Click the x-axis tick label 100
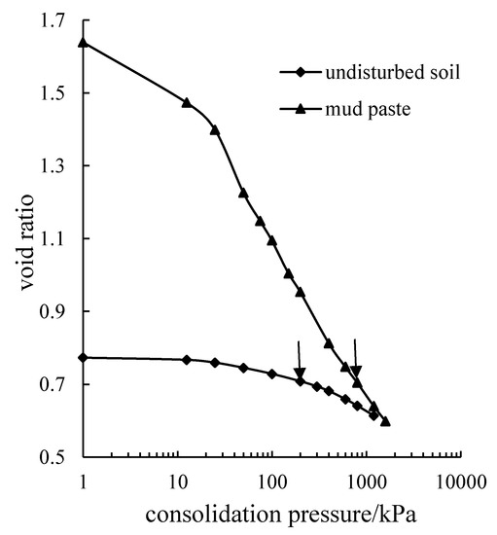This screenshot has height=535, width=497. tap(271, 480)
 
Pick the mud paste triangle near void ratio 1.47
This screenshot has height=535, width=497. tap(187, 102)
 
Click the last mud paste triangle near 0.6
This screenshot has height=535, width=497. tap(386, 421)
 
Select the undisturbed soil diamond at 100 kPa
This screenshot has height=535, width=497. tap(271, 374)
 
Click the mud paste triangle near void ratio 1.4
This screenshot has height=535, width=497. tap(215, 129)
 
